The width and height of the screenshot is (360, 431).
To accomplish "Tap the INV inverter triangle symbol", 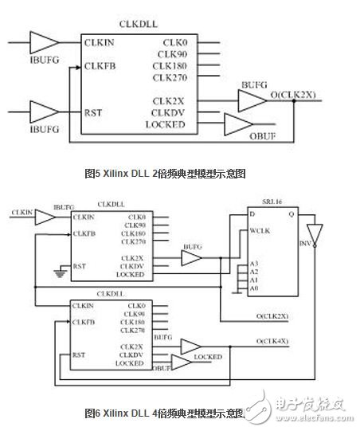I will coord(318,234).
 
